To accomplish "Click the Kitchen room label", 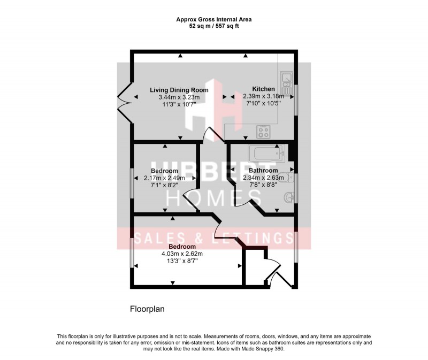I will (264, 89).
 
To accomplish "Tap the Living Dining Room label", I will (179, 90).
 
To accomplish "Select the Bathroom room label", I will (263, 171).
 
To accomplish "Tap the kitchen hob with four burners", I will (263, 129).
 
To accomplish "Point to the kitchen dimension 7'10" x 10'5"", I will (264, 104).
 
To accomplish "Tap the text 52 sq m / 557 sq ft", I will (214, 26).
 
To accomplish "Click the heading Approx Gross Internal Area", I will (214, 19).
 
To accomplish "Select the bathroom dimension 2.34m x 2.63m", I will (263, 178).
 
